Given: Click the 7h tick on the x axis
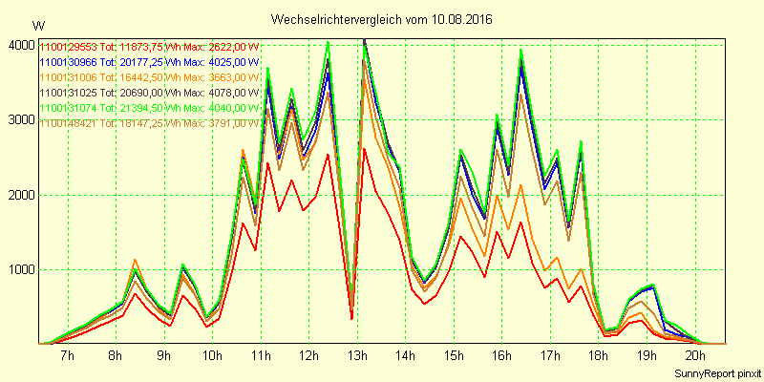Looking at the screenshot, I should coord(67,356).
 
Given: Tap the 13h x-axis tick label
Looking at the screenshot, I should coord(356,356).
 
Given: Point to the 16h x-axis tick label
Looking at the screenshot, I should coord(501,356).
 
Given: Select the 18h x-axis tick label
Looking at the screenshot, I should coord(599,356).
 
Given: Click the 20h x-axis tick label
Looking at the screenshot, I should coord(696,356).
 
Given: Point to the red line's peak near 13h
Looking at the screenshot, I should coord(364,149).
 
